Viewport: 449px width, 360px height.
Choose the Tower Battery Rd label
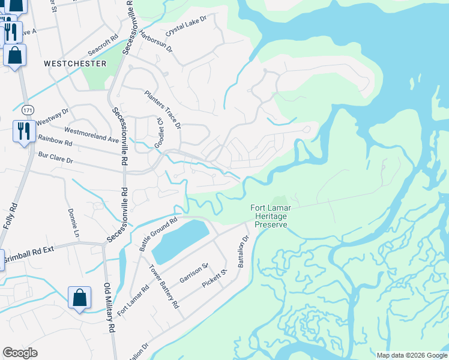point(164,286)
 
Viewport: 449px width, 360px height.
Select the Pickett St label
point(215,280)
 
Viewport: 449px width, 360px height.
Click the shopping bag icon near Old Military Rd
point(79,297)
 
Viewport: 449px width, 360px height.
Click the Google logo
point(20,353)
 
